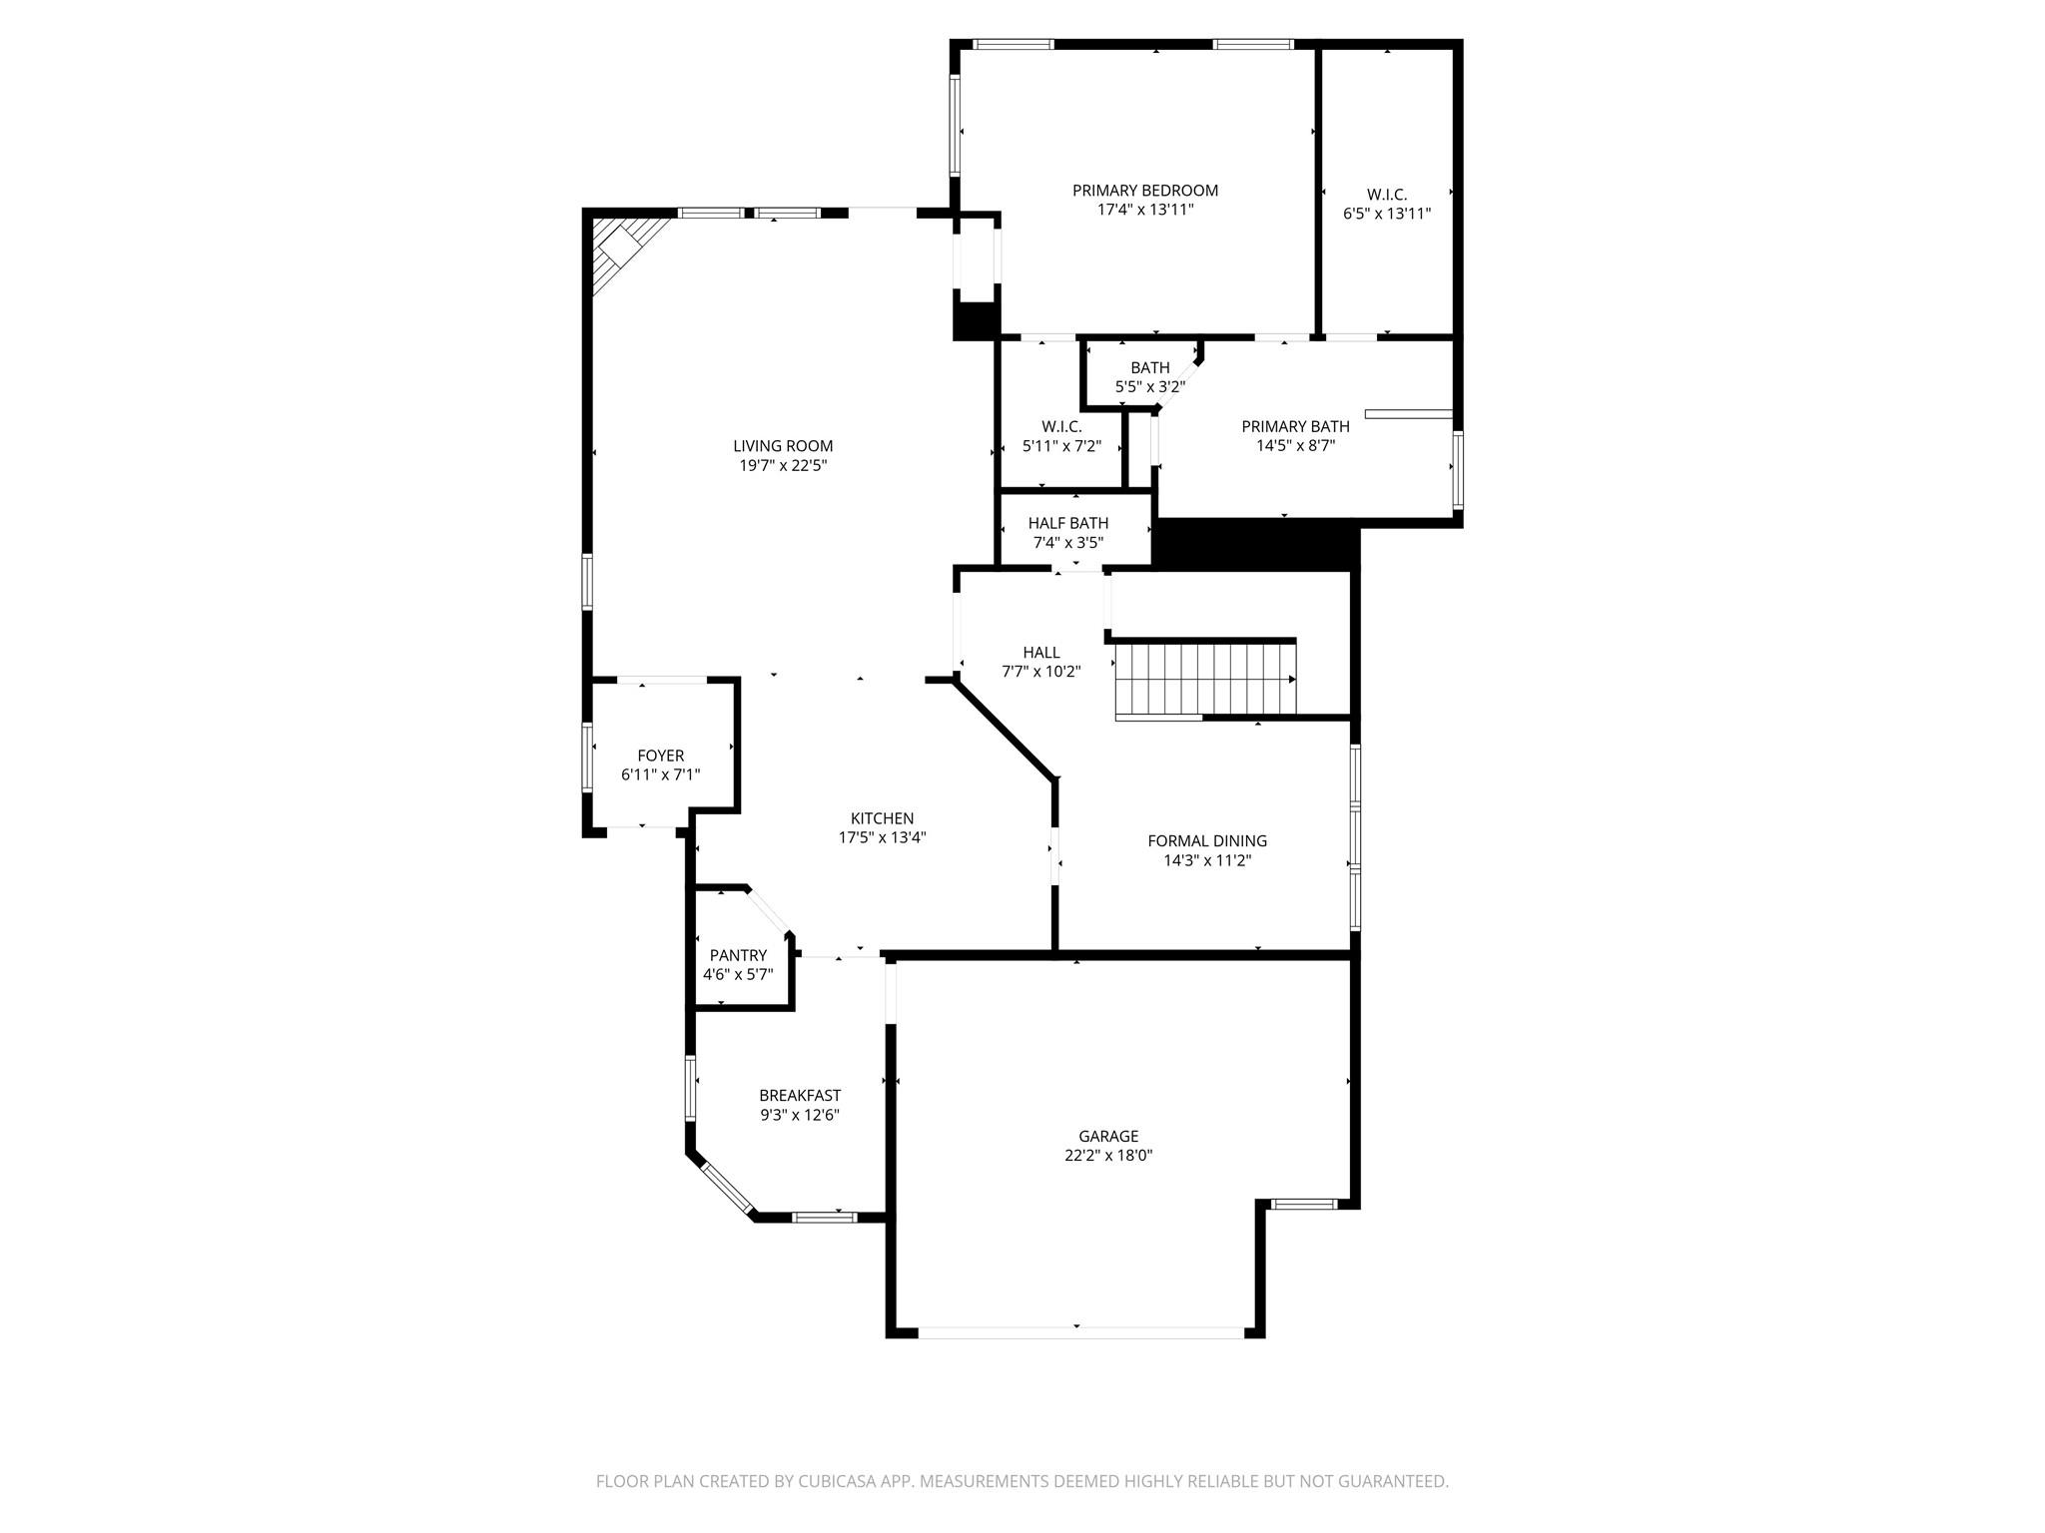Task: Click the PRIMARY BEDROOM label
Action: pos(1145,191)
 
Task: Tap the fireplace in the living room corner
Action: pos(621,250)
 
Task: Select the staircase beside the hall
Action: pos(1204,679)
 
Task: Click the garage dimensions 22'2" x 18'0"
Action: pos(1108,1156)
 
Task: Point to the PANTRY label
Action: pos(738,955)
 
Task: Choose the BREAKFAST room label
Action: pos(800,1095)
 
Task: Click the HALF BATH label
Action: pos(1068,523)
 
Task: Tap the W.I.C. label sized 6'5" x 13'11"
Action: pos(1387,195)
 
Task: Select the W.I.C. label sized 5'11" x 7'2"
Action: pos(1061,427)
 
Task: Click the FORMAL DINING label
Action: pos(1207,840)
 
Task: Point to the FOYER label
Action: pos(661,756)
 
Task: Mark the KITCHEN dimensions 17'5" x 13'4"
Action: pos(883,838)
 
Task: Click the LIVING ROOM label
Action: pos(783,446)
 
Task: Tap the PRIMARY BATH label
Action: pos(1295,426)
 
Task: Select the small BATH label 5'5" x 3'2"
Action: pos(1150,368)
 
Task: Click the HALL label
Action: pos(1041,653)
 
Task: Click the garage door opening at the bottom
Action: pos(1080,1332)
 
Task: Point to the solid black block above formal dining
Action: pos(1255,547)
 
